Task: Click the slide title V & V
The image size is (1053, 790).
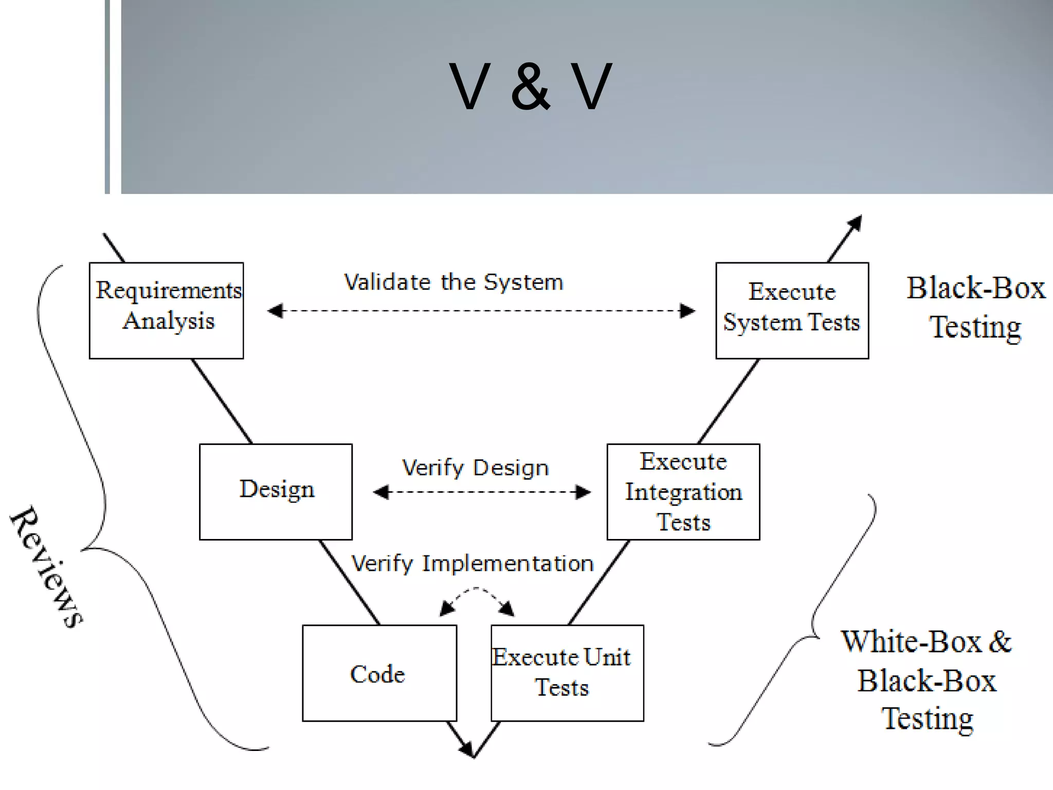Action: click(x=530, y=86)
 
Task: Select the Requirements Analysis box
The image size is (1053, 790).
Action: click(x=167, y=310)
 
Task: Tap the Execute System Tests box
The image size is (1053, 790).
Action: click(x=792, y=310)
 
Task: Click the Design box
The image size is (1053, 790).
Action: click(x=276, y=491)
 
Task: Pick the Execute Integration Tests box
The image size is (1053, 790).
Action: click(x=683, y=491)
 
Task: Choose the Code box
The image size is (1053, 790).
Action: click(x=379, y=673)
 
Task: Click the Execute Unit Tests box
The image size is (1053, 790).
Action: click(x=567, y=673)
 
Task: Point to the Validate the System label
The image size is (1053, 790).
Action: click(x=453, y=282)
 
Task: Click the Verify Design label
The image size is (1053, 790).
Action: click(x=475, y=468)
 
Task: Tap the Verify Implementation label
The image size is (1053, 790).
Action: click(x=472, y=564)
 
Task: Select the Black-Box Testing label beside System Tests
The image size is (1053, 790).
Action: click(x=975, y=307)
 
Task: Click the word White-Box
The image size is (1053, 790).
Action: click(x=911, y=642)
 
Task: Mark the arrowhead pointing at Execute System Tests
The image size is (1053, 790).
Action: click(x=687, y=311)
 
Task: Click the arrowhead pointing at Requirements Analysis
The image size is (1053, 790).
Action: click(x=276, y=311)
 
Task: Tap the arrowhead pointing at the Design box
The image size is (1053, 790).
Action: click(x=381, y=492)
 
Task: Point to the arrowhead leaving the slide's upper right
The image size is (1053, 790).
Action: click(x=855, y=223)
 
